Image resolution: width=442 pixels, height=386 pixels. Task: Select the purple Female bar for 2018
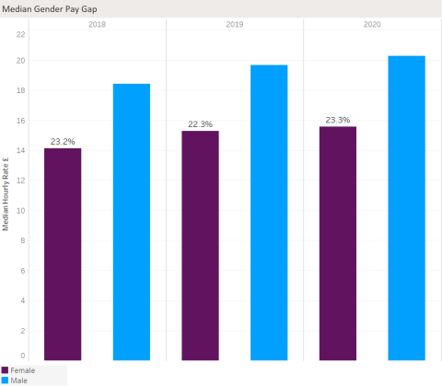pyautogui.click(x=63, y=253)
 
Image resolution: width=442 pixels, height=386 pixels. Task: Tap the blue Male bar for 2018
pyautogui.click(x=131, y=221)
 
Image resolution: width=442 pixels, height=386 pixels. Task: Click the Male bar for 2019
pyautogui.click(x=269, y=212)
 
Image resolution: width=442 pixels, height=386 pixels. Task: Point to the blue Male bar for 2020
pyautogui.click(x=406, y=207)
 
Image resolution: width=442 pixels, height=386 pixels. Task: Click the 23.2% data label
pyautogui.click(x=63, y=142)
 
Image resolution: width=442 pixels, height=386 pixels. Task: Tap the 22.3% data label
pyautogui.click(x=200, y=124)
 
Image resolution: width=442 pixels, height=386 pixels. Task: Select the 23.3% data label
pyautogui.click(x=337, y=121)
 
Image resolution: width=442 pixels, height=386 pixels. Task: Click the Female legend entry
pyautogui.click(x=22, y=369)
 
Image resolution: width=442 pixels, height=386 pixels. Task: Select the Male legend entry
pyautogui.click(x=18, y=380)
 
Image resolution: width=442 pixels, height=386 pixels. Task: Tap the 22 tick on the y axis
pyautogui.click(x=21, y=34)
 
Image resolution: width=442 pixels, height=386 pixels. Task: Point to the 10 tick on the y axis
pyautogui.click(x=21, y=210)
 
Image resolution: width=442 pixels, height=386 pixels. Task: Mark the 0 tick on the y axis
pyautogui.click(x=24, y=356)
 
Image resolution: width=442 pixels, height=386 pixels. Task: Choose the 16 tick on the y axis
pyautogui.click(x=21, y=121)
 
